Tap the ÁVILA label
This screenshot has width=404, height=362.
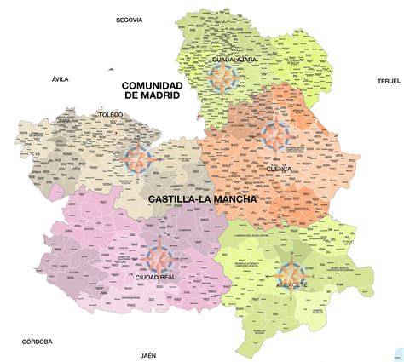point(59,78)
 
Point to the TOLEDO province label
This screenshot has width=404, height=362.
point(111,113)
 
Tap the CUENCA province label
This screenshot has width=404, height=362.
point(278,169)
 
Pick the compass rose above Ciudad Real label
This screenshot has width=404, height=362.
point(158,255)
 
